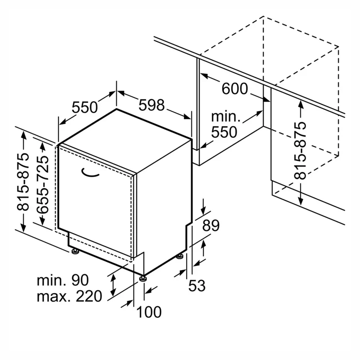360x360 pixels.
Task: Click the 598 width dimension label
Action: point(152,105)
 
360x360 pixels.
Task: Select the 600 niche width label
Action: point(234,88)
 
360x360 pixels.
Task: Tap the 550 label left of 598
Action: point(85,107)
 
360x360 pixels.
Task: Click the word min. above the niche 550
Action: point(226,117)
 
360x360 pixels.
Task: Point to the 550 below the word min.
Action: point(224,132)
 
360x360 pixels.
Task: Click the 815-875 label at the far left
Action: point(24,181)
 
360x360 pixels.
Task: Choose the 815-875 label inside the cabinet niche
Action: point(300,151)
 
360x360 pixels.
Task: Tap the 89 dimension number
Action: point(211,225)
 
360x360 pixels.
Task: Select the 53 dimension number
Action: point(197,285)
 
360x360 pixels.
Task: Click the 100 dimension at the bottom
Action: point(149,312)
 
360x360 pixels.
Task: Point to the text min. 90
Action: point(63,280)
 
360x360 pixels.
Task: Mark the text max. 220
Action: point(69,296)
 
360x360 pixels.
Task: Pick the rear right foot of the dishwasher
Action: point(180,256)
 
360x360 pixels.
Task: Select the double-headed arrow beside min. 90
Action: point(113,285)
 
